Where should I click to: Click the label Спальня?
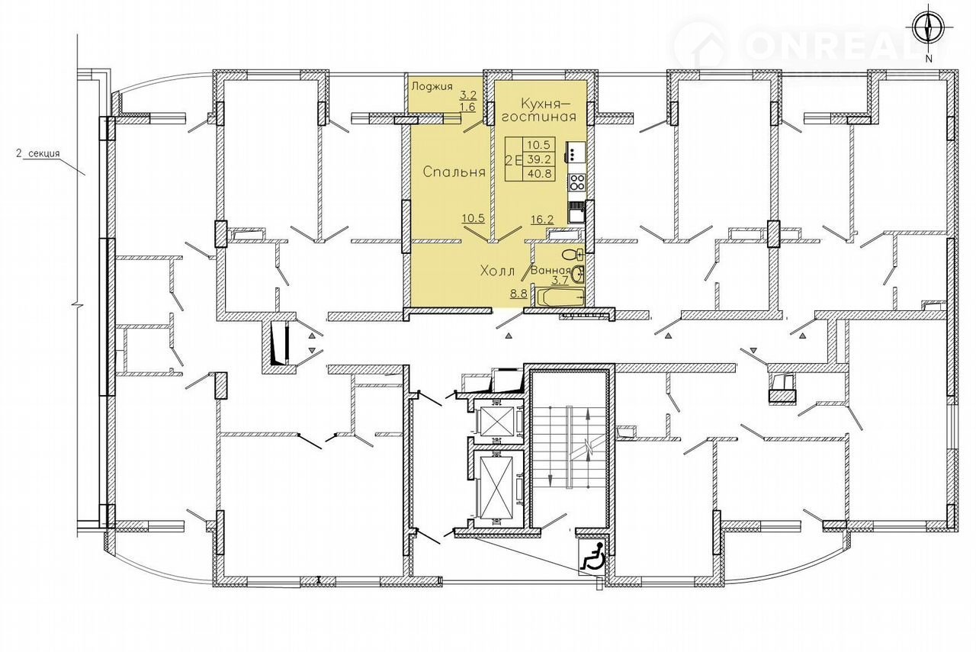pyautogui.click(x=454, y=172)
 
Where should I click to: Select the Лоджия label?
pyautogui.click(x=432, y=86)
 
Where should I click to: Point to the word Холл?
pyautogui.click(x=498, y=271)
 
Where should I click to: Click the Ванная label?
pyautogui.click(x=551, y=270)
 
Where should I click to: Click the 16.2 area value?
pyautogui.click(x=542, y=219)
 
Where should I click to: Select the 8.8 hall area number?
pyautogui.click(x=519, y=294)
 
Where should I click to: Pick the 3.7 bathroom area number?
pyautogui.click(x=560, y=280)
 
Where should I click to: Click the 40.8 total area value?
pyautogui.click(x=539, y=173)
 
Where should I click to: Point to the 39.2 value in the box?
pyautogui.click(x=539, y=158)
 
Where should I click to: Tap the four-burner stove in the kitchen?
pyautogui.click(x=577, y=181)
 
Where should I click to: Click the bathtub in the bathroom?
pyautogui.click(x=560, y=297)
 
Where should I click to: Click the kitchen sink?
pyautogui.click(x=576, y=214)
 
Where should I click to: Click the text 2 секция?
pyautogui.click(x=37, y=153)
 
